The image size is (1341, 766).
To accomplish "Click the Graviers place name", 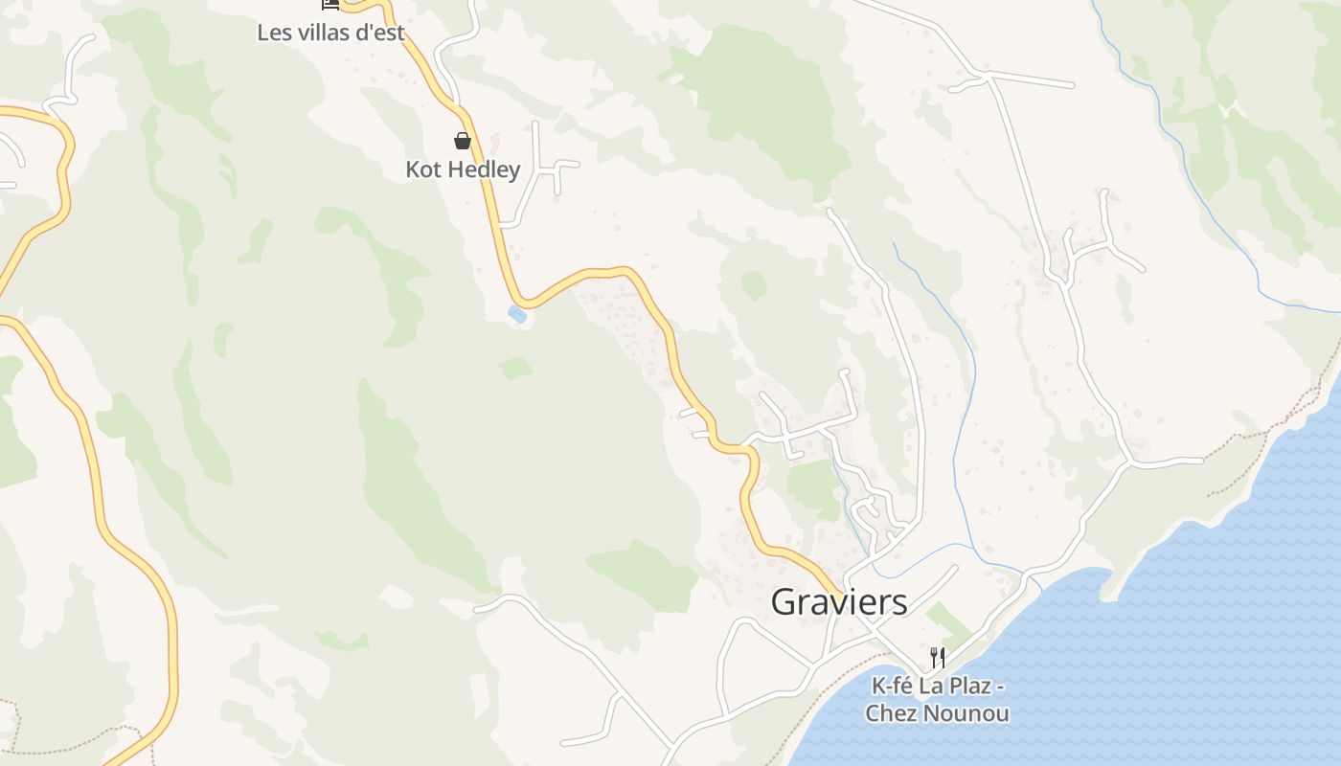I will (x=839, y=602).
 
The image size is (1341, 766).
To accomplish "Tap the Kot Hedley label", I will (x=463, y=169).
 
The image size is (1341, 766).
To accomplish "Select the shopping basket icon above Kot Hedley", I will (x=463, y=141).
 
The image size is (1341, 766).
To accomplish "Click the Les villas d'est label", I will (x=330, y=33).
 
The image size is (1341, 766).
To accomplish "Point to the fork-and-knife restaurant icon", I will (x=938, y=657).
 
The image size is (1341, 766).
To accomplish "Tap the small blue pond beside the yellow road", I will (x=517, y=314).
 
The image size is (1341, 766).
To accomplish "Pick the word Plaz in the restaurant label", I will (x=970, y=687).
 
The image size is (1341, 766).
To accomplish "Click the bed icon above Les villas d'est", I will (x=330, y=4).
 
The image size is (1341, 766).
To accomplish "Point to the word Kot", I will (x=422, y=169).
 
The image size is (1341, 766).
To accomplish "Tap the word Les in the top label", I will (x=272, y=33).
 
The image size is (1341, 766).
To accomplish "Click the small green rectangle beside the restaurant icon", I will (x=948, y=623).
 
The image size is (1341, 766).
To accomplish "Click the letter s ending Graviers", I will (x=899, y=603).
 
